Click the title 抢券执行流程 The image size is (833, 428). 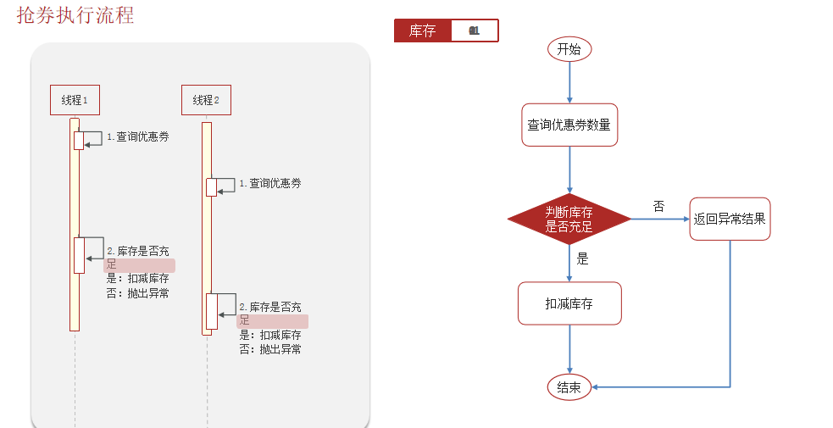[x=75, y=15]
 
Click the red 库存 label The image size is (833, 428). [x=422, y=31]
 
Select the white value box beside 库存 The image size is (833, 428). [x=474, y=31]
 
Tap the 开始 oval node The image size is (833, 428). [x=569, y=49]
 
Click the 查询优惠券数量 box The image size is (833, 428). [x=569, y=125]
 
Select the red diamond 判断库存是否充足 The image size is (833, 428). [x=569, y=220]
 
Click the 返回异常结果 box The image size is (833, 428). [x=730, y=219]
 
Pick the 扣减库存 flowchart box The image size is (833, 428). [x=569, y=303]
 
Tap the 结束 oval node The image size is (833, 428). [x=569, y=387]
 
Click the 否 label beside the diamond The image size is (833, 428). [x=658, y=206]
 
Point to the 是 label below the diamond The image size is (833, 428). [x=582, y=259]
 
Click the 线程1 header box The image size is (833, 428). [x=75, y=100]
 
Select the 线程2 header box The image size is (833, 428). [x=206, y=100]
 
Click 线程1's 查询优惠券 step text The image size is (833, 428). [x=138, y=136]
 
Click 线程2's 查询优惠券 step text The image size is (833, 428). [x=271, y=183]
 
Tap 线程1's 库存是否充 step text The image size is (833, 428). [x=140, y=252]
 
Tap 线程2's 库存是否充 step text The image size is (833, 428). [x=271, y=307]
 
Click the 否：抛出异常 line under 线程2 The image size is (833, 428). [x=270, y=348]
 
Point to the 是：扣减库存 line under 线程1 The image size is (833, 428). [x=137, y=279]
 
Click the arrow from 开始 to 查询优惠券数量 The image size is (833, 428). [x=569, y=82]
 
